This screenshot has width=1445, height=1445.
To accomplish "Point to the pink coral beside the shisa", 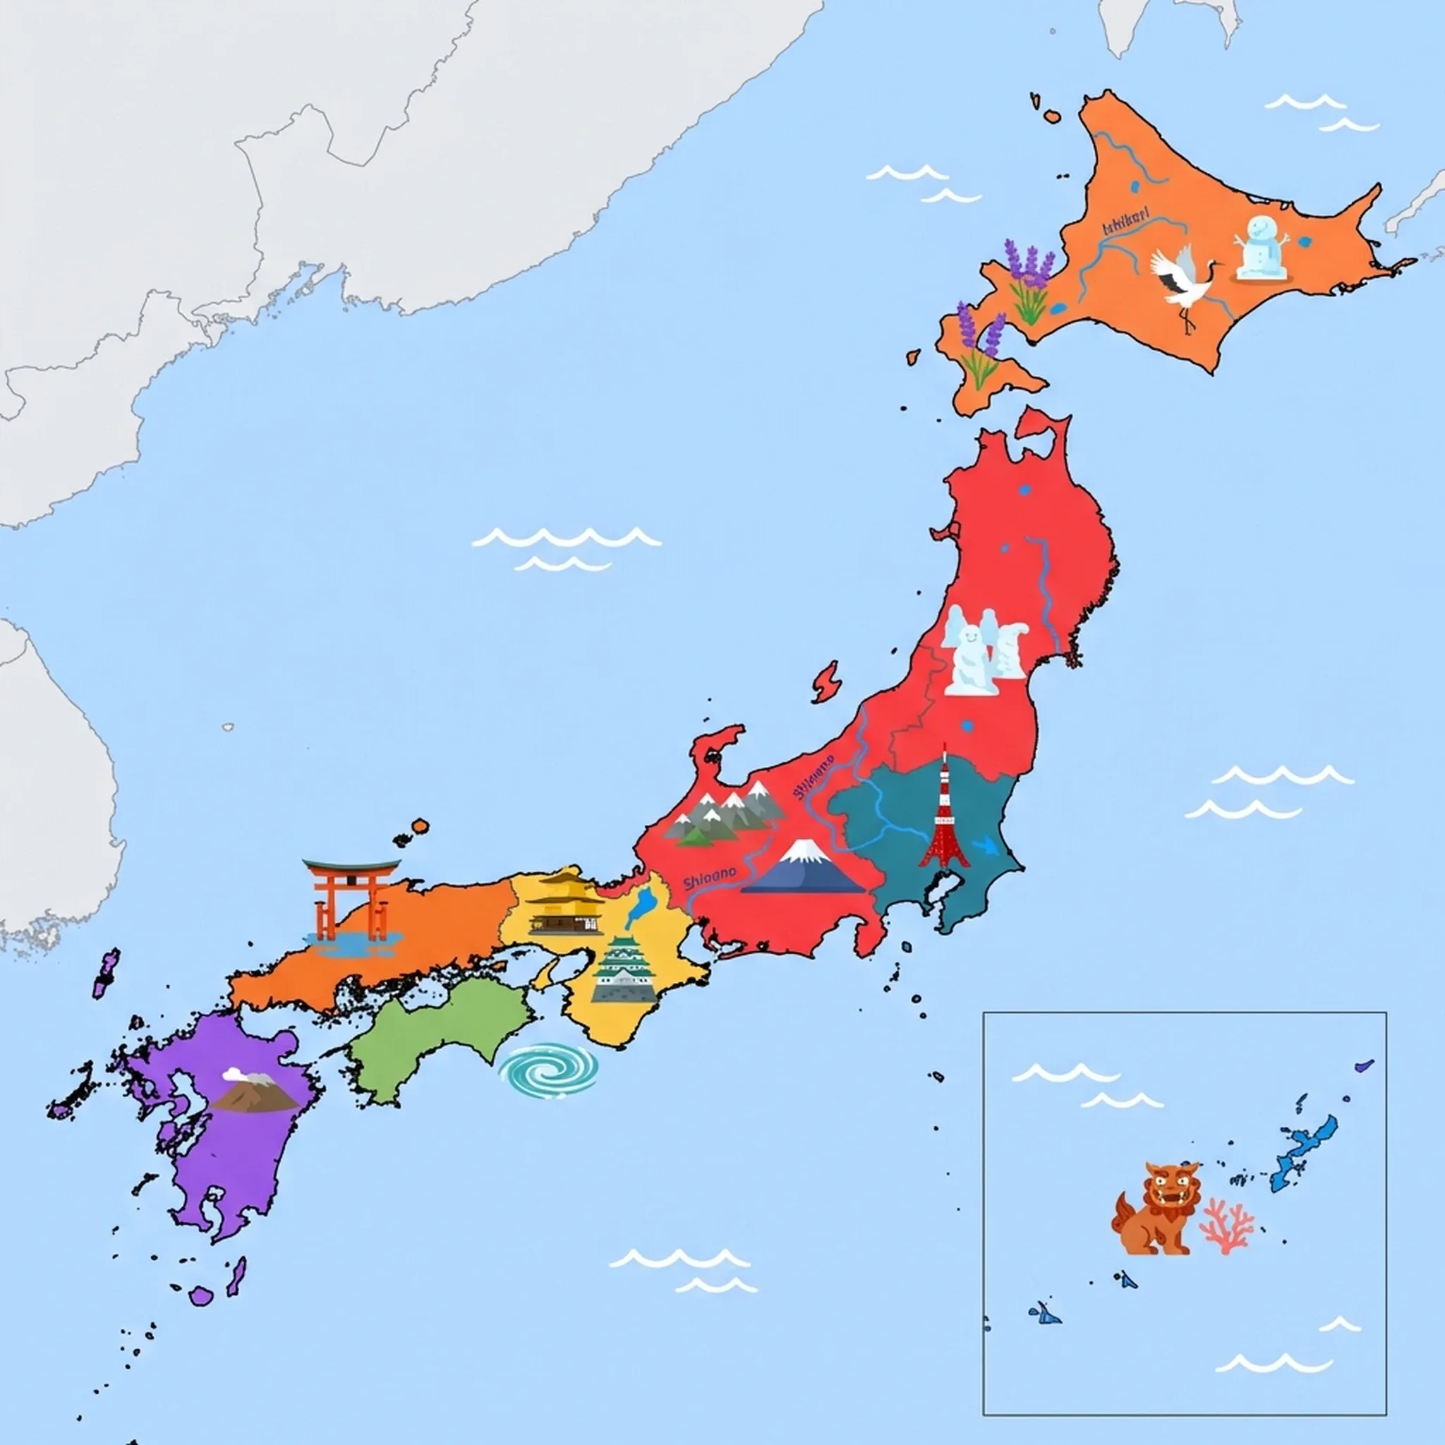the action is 1226,1226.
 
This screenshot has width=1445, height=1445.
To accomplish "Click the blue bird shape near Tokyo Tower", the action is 986,846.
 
